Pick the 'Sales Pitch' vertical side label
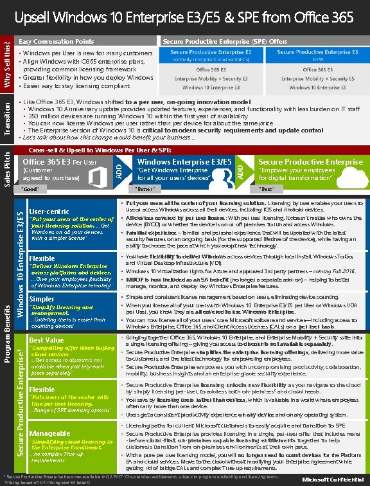pos(7,169)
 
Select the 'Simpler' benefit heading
pos(42,299)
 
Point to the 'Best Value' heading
pos(46,339)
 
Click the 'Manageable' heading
pos(47,434)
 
